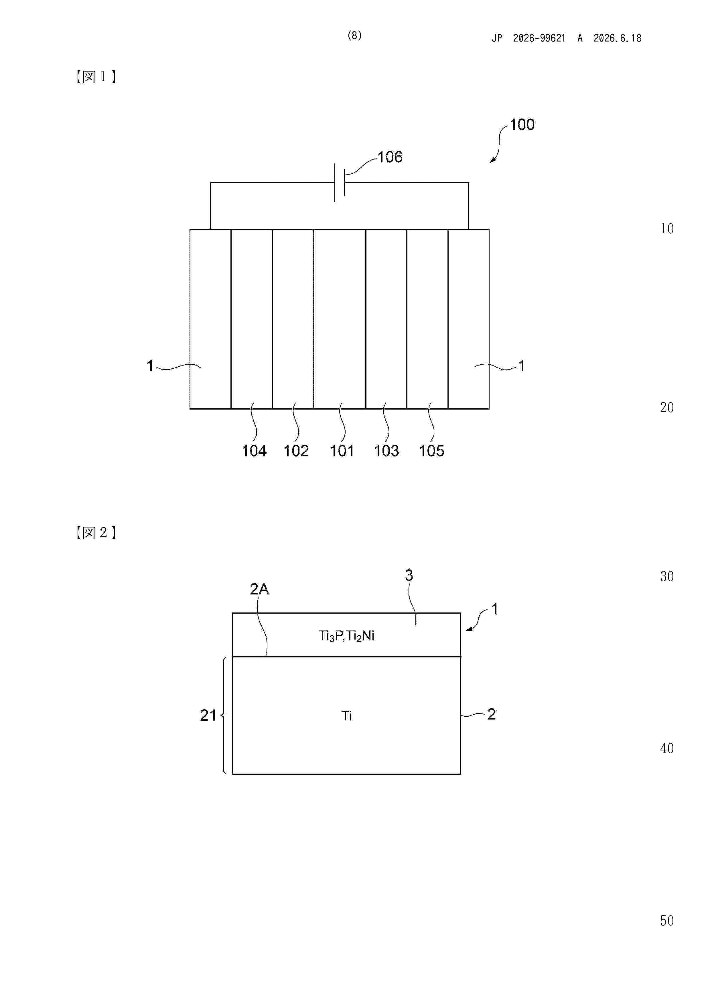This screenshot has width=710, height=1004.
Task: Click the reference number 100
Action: [x=522, y=124]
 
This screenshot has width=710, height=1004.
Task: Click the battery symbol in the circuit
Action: [x=340, y=183]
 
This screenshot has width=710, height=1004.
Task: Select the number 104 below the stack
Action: [x=254, y=451]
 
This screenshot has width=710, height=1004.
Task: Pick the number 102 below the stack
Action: [x=296, y=451]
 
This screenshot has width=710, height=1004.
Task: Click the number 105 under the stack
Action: [x=431, y=451]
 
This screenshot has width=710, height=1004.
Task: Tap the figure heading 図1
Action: [x=95, y=77]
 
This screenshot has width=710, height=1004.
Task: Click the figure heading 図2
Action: [x=95, y=533]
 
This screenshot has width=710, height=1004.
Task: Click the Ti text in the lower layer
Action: [x=346, y=716]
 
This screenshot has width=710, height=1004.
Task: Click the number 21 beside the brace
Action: [x=208, y=716]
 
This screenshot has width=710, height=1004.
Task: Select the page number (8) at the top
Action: [x=354, y=36]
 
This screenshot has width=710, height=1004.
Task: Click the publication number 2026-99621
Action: [x=539, y=38]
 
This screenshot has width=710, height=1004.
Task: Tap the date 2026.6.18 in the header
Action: [x=617, y=38]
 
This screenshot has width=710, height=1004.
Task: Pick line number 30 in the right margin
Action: [x=667, y=576]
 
